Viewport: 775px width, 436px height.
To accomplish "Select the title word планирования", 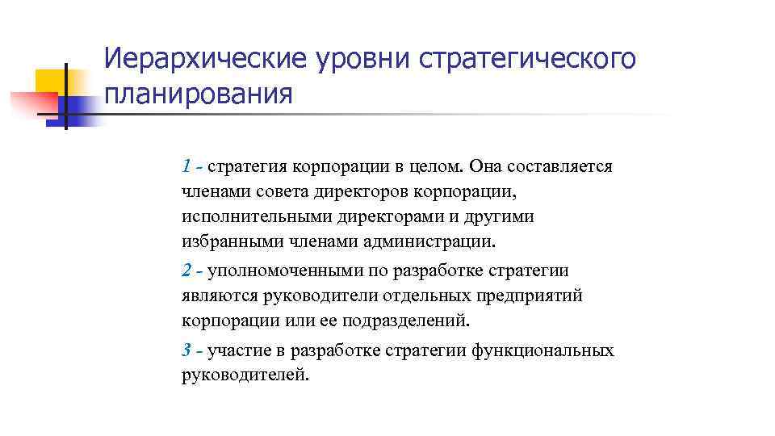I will click(199, 94).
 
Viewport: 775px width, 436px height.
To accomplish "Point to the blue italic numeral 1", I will click(186, 167).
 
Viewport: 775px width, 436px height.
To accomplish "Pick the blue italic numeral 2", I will click(186, 270).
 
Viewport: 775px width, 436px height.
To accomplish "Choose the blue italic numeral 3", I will click(186, 350).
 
